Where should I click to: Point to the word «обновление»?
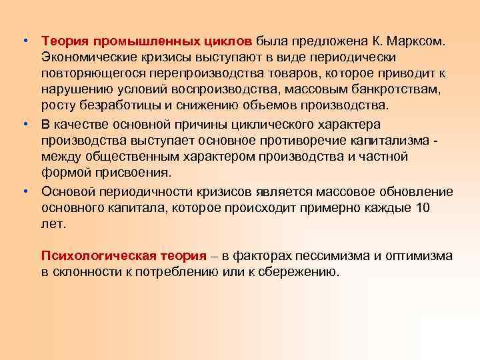(413, 191)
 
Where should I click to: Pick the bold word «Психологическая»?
(99, 255)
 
